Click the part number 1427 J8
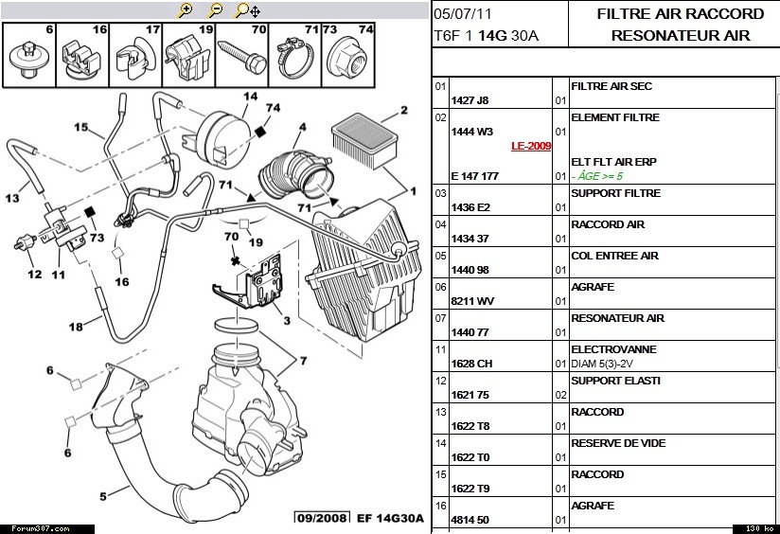[x=470, y=100]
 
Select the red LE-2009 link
[x=531, y=147]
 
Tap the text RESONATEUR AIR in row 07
[x=612, y=318]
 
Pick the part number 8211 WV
[x=472, y=301]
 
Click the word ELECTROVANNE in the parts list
[x=613, y=349]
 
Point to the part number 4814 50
[x=470, y=520]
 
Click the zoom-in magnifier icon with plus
[x=186, y=10]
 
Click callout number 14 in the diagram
[x=250, y=97]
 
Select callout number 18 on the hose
[x=76, y=327]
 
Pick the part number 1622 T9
[x=470, y=489]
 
